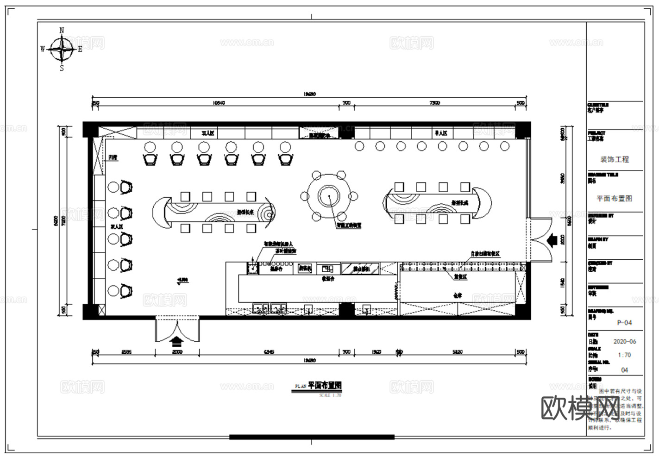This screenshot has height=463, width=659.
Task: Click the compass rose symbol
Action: point(62,49)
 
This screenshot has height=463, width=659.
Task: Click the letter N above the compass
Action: point(62,31)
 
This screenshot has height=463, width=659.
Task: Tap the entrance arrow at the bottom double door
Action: point(177,342)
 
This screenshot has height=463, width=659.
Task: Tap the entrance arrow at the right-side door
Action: point(552,240)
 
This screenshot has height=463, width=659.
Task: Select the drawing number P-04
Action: point(624,323)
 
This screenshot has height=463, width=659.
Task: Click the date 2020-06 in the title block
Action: point(625,342)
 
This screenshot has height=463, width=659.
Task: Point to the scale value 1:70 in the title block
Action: point(624,355)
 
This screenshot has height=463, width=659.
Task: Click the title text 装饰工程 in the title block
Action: point(615,159)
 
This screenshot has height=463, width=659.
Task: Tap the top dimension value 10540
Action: point(219,103)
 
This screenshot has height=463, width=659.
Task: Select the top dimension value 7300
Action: point(434,103)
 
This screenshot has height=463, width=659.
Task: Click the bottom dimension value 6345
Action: point(269,352)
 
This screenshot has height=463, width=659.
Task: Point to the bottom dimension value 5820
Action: point(457,352)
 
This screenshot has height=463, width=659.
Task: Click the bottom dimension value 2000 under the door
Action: point(177,352)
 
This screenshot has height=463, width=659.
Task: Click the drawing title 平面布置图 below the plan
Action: point(325,385)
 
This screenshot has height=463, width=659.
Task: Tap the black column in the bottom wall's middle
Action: point(346,309)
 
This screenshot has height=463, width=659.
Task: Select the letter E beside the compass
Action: point(80,49)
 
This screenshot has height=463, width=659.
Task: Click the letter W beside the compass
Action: point(43,49)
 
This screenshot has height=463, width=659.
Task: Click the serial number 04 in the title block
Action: point(624,370)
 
